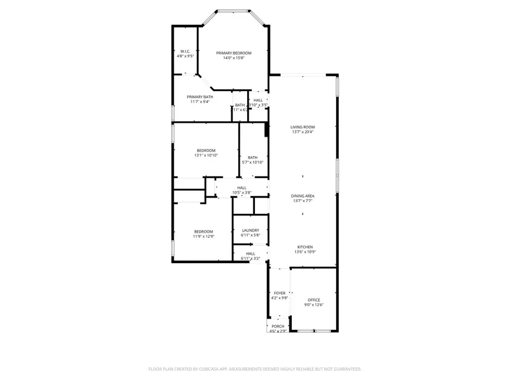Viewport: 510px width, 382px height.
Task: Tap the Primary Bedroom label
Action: coord(233,53)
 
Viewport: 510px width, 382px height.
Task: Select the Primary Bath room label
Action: coord(200,97)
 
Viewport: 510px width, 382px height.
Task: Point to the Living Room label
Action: coord(303,127)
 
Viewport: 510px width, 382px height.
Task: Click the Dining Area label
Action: coord(303,195)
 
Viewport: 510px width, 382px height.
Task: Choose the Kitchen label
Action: coord(305,247)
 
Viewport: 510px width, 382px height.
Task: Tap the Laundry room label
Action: coord(250,230)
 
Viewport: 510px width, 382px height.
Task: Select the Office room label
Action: coord(314,300)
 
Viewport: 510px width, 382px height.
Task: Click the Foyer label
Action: coord(279,293)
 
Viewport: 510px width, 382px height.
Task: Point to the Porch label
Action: coord(278,326)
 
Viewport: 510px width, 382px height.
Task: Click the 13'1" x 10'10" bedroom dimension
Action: coord(206,155)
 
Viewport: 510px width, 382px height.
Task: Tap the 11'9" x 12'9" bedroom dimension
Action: coord(203,236)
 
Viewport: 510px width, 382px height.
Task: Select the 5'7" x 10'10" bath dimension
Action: coord(253,162)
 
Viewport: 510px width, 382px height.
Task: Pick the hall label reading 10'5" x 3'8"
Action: coord(242,192)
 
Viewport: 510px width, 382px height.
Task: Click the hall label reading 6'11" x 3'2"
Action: coord(250,258)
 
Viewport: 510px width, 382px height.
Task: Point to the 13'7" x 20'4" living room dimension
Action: coord(303,132)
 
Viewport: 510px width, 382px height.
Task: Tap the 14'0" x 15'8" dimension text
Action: coord(233,58)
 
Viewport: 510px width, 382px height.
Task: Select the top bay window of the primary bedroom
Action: coord(234,10)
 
